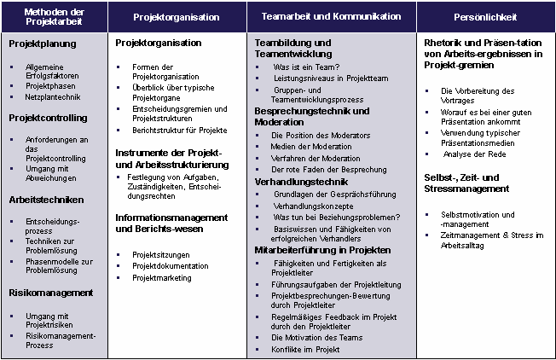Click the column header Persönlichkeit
pyautogui.click(x=485, y=17)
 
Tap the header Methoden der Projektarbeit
pyautogui.click(x=55, y=17)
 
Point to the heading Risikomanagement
pyautogui.click(x=50, y=293)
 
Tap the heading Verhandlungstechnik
pyautogui.click(x=302, y=182)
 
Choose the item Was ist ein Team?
pyautogui.click(x=306, y=67)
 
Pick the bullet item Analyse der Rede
pyautogui.click(x=473, y=154)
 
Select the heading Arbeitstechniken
pyautogui.click(x=46, y=200)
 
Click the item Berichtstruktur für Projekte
pyautogui.click(x=180, y=130)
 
